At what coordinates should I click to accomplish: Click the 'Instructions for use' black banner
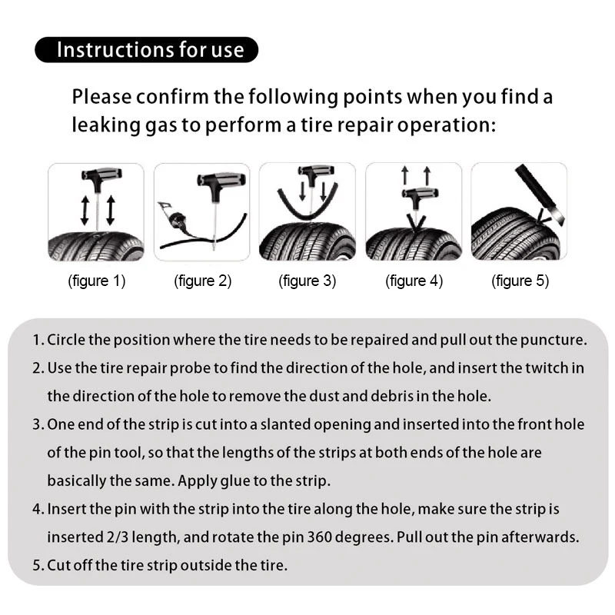click(146, 50)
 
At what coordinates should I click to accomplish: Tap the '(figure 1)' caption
click(97, 281)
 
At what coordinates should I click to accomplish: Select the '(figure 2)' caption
click(203, 281)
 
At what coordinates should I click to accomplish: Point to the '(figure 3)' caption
click(307, 281)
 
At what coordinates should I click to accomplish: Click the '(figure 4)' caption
click(414, 281)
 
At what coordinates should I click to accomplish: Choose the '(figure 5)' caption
click(520, 281)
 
